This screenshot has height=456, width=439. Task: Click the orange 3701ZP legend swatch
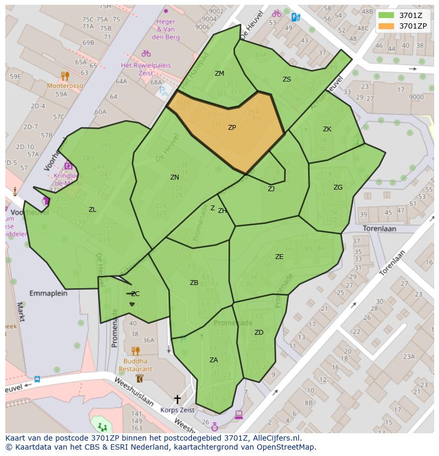coord(387,25)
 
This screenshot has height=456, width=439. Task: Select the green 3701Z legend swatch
coord(387,15)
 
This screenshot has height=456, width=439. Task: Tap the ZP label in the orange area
coord(232,128)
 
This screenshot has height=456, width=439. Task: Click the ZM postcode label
coord(219,74)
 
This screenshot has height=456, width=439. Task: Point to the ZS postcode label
coord(287,79)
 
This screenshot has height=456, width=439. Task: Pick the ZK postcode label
coord(327,129)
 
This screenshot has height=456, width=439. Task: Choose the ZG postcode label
coord(338,187)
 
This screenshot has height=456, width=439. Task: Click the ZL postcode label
coord(92,210)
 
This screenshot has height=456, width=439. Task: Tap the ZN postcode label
coord(174,177)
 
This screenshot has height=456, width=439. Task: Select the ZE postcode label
coord(279,257)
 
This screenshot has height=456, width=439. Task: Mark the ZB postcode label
coord(194,283)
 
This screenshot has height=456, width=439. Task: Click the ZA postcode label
coord(214,360)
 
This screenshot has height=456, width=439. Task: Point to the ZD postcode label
coord(259,333)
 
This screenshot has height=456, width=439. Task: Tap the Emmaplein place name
coord(48,293)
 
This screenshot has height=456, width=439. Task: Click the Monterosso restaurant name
coord(65,86)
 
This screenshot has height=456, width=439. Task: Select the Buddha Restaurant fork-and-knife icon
coord(135,351)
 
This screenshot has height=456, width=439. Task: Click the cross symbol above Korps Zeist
coord(177,399)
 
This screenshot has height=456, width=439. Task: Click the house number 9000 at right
coord(416,97)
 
